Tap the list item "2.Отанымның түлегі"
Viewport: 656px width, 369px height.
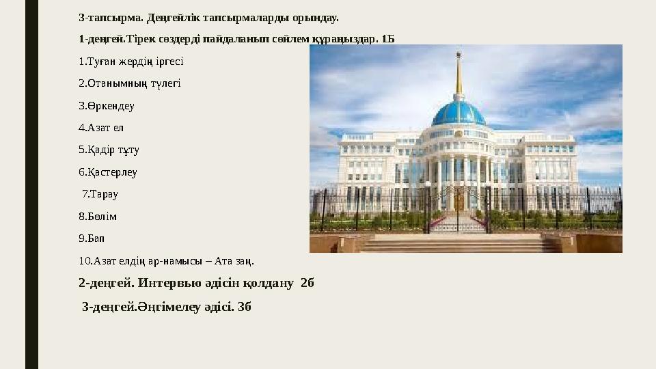click(x=130, y=83)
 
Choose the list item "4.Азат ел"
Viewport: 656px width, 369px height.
click(x=102, y=128)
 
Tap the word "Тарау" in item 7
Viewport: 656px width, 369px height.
click(x=105, y=194)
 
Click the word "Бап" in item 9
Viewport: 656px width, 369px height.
click(x=97, y=238)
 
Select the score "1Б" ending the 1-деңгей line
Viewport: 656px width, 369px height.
click(x=387, y=38)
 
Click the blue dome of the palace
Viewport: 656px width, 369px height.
click(x=459, y=111)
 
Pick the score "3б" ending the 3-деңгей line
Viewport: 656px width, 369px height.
click(x=245, y=306)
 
